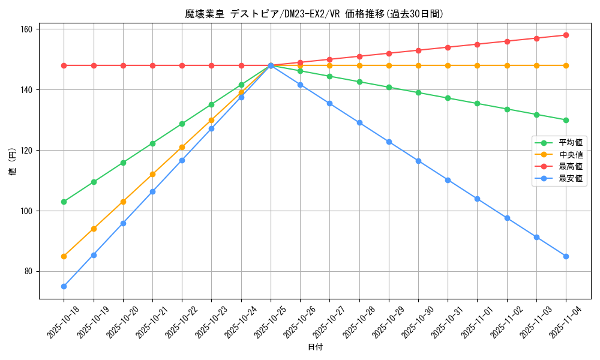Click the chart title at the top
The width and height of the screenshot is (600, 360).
[314, 14]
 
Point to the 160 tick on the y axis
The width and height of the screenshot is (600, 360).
[28, 29]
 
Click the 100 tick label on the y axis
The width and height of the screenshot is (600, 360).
[28, 211]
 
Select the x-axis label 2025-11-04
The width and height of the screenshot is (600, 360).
[566, 322]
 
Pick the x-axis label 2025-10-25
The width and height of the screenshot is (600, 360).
[271, 322]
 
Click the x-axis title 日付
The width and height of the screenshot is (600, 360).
[315, 347]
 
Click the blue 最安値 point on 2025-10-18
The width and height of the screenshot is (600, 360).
[64, 286]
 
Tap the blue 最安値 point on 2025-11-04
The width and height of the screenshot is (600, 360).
[566, 256]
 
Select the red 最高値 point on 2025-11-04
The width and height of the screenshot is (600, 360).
[566, 35]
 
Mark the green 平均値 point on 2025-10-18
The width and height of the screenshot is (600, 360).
[64, 202]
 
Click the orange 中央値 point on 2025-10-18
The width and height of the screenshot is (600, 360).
[64, 256]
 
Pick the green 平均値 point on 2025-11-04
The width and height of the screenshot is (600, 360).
[566, 120]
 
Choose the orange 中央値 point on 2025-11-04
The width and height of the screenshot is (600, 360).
[566, 65]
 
